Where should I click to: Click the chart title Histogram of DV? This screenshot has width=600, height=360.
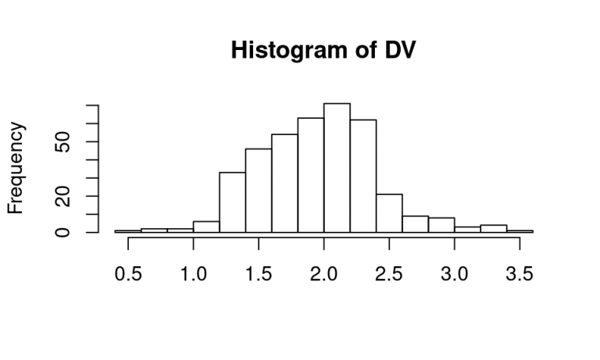coord(323,50)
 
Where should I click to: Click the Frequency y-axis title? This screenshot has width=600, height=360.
coord(16,168)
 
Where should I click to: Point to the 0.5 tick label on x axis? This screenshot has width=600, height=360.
coord(128,274)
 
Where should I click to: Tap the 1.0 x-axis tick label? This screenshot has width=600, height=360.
coord(193,274)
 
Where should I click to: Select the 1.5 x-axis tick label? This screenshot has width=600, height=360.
coord(259,274)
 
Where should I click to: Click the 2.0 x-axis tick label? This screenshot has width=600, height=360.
coord(323,274)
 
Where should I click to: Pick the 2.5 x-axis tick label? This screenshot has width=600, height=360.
coord(389,274)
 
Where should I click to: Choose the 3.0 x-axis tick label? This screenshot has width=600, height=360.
coord(454,274)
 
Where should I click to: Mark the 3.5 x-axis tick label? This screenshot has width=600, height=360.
coord(520,274)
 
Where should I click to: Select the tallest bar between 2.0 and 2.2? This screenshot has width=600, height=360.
coord(337,168)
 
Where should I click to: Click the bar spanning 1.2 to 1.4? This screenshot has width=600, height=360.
coord(232,202)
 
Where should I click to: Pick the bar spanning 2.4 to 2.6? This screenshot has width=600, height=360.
coord(389,213)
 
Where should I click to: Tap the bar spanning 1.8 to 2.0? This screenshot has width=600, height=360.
coord(311,175)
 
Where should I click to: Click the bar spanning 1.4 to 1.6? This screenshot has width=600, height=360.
coord(259,191)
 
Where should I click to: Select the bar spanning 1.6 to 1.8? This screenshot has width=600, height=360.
coord(284,184)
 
